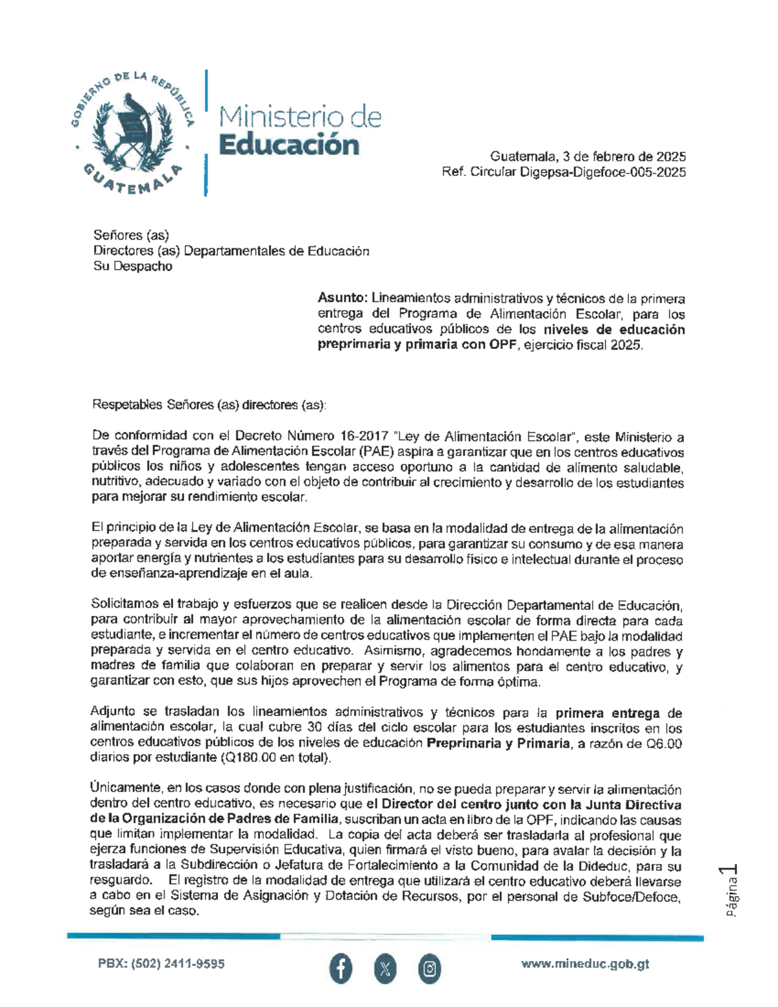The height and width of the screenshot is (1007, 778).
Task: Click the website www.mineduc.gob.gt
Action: click(x=585, y=964)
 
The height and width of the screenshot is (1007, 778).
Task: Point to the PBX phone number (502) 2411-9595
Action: click(x=161, y=964)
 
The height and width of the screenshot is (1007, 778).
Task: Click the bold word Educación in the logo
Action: click(x=289, y=144)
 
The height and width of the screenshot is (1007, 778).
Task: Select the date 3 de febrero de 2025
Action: click(x=618, y=157)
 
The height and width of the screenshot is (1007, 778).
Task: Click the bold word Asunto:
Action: click(x=342, y=298)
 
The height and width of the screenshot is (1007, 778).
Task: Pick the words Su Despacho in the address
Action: click(x=133, y=267)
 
